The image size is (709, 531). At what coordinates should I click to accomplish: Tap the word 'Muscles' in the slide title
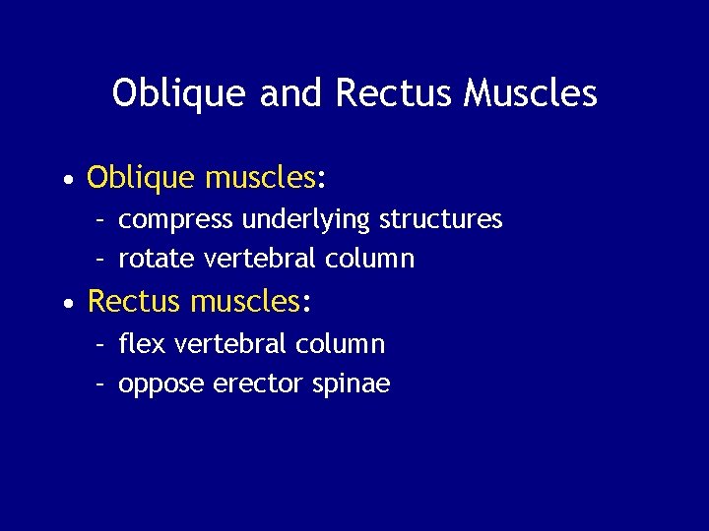(531, 93)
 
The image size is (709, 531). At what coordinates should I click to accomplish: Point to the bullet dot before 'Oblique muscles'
(65, 180)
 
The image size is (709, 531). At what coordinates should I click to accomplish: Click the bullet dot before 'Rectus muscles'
(65, 304)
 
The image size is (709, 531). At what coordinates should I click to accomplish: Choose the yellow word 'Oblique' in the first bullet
(142, 178)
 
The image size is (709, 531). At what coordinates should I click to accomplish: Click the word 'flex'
(137, 344)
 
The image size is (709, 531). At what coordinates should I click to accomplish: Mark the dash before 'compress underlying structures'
(100, 219)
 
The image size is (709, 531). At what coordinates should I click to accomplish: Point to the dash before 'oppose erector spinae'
(100, 384)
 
